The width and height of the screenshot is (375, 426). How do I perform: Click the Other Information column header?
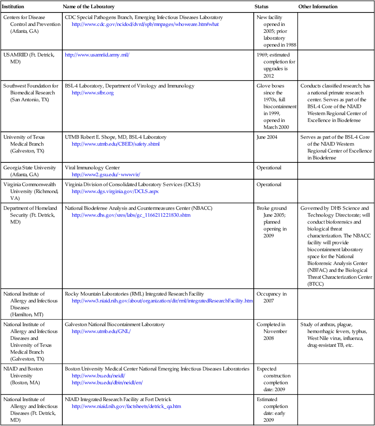[318, 6]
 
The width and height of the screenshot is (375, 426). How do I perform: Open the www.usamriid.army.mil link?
[97, 55]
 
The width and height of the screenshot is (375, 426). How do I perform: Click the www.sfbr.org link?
[92, 93]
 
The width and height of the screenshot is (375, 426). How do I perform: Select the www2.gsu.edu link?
[106, 174]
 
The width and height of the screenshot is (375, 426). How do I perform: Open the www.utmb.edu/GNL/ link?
[101, 331]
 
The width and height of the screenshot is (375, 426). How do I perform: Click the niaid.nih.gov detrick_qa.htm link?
[126, 406]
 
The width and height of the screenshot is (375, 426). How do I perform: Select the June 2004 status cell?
[267, 137]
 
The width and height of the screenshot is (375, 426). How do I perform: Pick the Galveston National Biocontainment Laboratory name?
[114, 324]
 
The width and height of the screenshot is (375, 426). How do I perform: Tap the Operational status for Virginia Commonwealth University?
[269, 184]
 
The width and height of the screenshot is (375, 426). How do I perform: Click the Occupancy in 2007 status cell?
[271, 297]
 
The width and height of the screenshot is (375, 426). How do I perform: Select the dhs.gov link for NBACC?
[131, 215]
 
